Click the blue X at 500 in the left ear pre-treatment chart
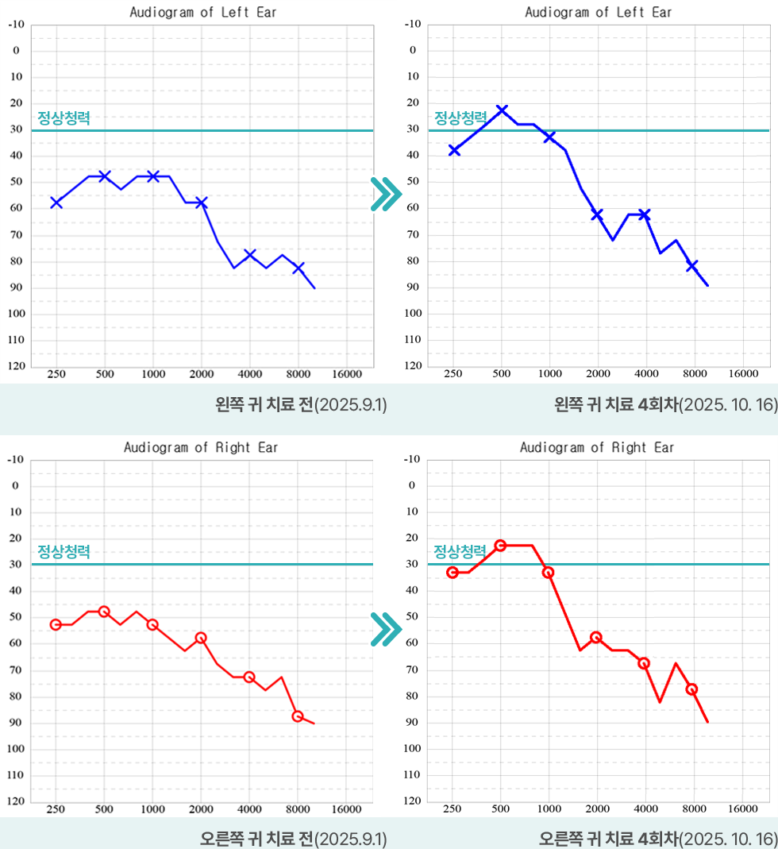pos(104,176)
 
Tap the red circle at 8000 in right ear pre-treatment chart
pos(298,716)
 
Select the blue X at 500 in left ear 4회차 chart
pos(502,110)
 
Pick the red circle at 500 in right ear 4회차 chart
pos(500,546)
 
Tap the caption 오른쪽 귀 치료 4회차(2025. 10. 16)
pos(657,839)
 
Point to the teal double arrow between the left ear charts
pos(385,194)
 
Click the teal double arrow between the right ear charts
pos(385,627)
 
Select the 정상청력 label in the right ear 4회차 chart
pos(460,551)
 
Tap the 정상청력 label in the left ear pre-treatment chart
pos(64,118)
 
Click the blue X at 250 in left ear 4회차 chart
pos(454,149)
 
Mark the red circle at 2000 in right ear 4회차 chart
pos(596,638)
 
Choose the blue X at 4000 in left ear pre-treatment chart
pos(250,254)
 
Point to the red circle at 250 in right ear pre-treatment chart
pos(56,625)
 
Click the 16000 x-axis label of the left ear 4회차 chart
pos(743,373)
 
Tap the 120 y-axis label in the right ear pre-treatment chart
pos(16,801)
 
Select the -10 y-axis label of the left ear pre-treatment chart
pos(16,25)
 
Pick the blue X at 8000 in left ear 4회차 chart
pos(692,265)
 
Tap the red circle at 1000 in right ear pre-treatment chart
pos(152,625)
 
